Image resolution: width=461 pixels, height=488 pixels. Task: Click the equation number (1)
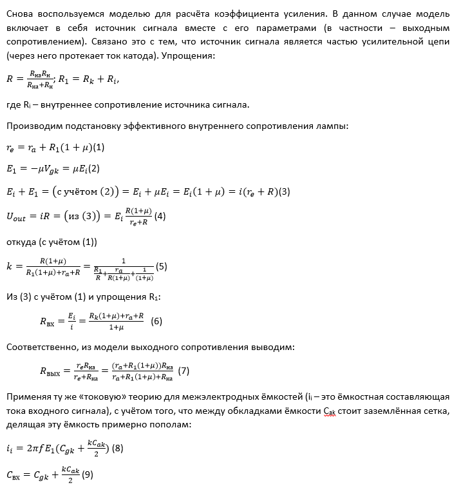coord(99,147)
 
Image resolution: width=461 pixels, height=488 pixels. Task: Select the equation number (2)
coord(94,169)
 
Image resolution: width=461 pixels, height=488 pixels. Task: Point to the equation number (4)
coord(160,217)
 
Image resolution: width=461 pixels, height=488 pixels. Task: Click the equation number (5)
coord(162,266)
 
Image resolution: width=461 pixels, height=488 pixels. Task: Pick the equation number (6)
coord(156,320)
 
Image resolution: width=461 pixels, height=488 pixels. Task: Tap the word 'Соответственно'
coord(41,347)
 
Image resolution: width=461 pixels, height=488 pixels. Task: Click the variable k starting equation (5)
coord(9,266)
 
